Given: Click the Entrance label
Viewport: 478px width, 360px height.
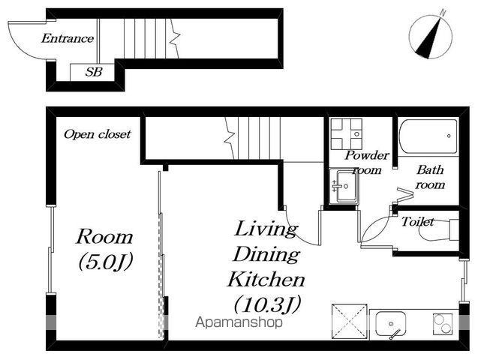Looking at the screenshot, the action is click(68, 38).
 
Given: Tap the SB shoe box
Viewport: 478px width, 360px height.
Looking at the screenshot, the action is click(92, 72).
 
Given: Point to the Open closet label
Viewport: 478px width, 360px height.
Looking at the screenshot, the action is click(98, 134).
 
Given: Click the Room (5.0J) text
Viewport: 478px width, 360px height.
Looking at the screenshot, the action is click(104, 250).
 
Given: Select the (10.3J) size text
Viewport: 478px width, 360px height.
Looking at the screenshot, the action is click(267, 304).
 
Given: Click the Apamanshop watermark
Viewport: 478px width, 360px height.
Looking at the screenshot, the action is click(239, 322).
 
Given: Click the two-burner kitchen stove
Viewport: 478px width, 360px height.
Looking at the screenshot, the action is click(442, 324).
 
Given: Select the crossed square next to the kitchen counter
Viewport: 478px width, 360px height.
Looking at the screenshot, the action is click(350, 321).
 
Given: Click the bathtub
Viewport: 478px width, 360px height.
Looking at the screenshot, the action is click(428, 136).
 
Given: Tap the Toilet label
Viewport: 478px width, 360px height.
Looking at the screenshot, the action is click(417, 221).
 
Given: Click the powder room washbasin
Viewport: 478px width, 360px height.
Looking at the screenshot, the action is click(343, 186).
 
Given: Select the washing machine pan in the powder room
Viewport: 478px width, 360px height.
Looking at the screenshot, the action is click(347, 134).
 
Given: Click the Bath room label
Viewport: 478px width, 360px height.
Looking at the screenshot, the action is click(430, 177).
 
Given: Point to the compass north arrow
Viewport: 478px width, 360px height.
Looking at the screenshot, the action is click(429, 37).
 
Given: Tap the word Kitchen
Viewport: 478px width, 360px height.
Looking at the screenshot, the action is click(266, 279).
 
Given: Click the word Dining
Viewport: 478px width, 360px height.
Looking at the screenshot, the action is click(266, 254).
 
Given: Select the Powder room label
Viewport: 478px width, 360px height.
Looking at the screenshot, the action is click(367, 163).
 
